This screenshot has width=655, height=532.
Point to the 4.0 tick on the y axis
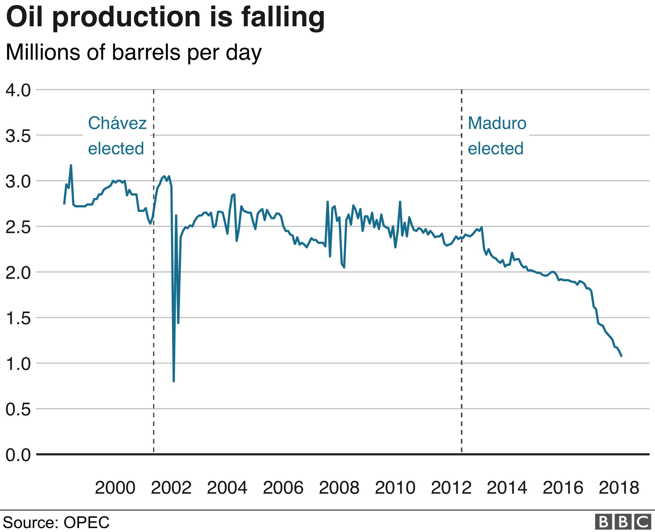(x=18, y=90)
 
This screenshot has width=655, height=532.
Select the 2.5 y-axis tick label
(x=18, y=227)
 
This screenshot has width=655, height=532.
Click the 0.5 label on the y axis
(x=18, y=409)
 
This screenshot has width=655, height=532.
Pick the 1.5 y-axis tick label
(x=18, y=318)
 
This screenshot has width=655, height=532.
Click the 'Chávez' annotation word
(x=117, y=123)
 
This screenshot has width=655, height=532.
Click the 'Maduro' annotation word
(x=497, y=123)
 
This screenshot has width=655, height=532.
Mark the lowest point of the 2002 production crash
(x=174, y=381)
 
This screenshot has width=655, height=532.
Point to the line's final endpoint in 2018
(x=622, y=356)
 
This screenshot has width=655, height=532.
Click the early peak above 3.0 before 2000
(x=71, y=165)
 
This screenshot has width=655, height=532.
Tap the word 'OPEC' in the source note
(x=86, y=522)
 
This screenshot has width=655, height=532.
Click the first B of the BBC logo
(x=603, y=522)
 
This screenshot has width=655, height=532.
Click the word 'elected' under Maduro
(x=495, y=148)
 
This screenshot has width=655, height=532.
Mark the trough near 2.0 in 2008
(x=344, y=267)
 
